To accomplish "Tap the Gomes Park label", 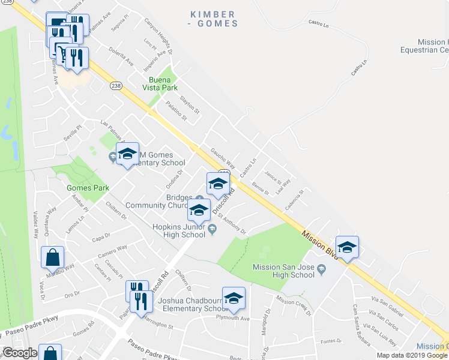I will click(88, 188).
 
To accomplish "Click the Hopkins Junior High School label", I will click(179, 230).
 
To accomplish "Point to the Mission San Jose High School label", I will click(283, 271).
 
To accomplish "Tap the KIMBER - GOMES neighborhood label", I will click(214, 19).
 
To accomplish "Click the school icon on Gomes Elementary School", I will click(127, 154).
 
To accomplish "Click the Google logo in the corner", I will click(19, 353).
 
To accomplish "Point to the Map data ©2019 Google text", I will click(412, 355).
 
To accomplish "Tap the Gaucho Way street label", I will click(222, 160).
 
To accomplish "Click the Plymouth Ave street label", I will click(232, 318).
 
